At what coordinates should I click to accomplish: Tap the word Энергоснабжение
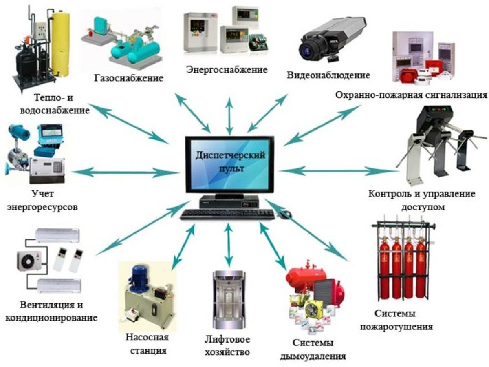coord(227,69)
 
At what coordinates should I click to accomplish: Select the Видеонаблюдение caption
coord(328,75)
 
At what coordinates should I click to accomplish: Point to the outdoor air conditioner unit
coord(30,261)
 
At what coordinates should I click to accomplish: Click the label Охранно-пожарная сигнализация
coord(412,95)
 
